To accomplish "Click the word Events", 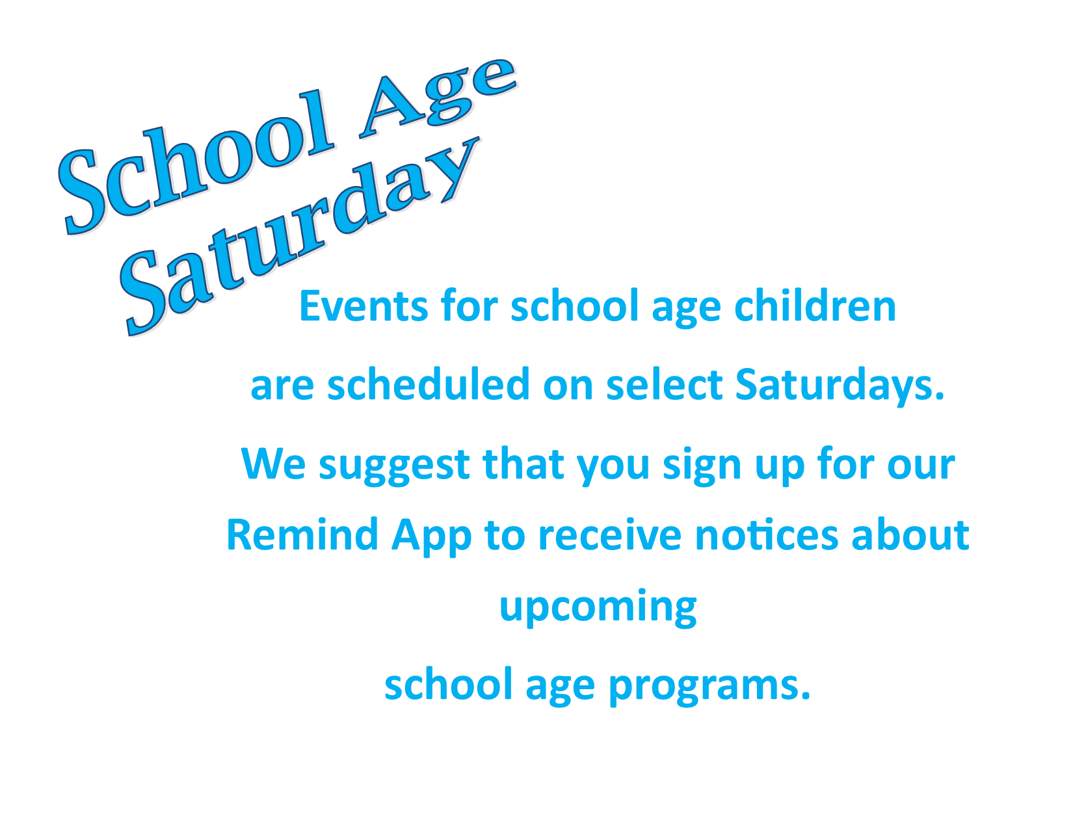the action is click(364, 306).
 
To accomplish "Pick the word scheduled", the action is click(428, 384).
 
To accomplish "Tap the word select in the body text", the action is click(664, 384).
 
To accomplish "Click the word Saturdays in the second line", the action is click(840, 386).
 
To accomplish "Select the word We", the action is click(273, 464).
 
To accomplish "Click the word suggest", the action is click(394, 467).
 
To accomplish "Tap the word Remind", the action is click(302, 534).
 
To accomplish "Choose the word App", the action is click(432, 537).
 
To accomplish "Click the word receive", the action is click(610, 534).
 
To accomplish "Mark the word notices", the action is click(766, 535).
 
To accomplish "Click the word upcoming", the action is click(598, 609).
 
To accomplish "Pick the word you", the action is click(613, 468).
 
